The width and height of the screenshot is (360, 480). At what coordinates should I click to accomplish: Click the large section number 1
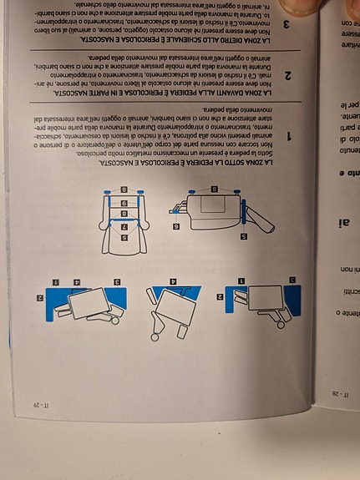click(288, 135)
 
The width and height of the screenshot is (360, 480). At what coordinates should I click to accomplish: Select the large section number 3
click(288, 25)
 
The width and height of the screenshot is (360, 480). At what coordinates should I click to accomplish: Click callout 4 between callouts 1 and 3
click(78, 284)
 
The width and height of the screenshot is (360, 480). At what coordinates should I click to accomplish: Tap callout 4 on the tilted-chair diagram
click(174, 283)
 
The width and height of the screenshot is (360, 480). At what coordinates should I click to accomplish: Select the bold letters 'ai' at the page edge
click(347, 221)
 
